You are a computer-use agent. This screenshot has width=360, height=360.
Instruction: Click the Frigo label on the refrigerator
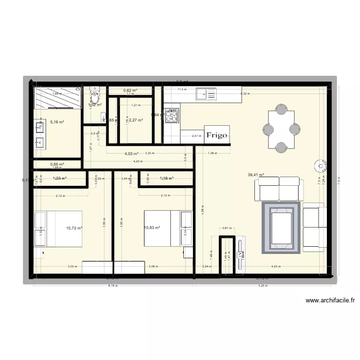217,135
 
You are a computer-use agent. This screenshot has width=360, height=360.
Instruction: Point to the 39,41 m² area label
256,175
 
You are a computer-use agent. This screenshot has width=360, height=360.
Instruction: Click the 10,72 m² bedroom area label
74,229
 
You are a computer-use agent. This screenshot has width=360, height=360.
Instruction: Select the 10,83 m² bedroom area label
152,228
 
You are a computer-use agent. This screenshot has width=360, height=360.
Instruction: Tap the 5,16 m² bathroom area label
57,122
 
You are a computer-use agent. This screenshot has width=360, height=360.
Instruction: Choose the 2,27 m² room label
136,120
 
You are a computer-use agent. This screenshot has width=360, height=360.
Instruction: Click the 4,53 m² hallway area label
131,154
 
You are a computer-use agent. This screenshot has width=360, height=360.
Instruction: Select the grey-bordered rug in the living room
281,228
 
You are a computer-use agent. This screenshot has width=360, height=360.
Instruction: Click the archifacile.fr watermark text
331,301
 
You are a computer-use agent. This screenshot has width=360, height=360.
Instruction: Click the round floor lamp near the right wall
319,167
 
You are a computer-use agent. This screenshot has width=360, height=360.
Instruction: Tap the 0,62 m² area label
130,90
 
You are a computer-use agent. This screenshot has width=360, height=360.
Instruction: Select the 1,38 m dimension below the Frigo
212,154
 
